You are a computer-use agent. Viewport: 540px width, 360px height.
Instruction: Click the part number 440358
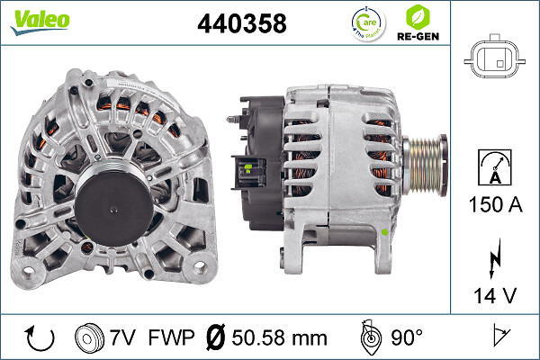pos(241,24)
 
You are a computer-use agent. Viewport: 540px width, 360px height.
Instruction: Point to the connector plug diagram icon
pos(493,58)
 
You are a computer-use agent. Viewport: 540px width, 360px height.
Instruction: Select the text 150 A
pos(493,205)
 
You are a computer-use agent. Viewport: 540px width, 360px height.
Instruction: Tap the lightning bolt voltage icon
pos(493,261)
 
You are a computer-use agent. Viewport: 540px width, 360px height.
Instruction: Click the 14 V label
pos(493,294)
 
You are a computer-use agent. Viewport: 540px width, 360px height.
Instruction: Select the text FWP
pos(172,337)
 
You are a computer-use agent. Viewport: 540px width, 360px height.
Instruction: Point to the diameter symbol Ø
pos(216,337)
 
